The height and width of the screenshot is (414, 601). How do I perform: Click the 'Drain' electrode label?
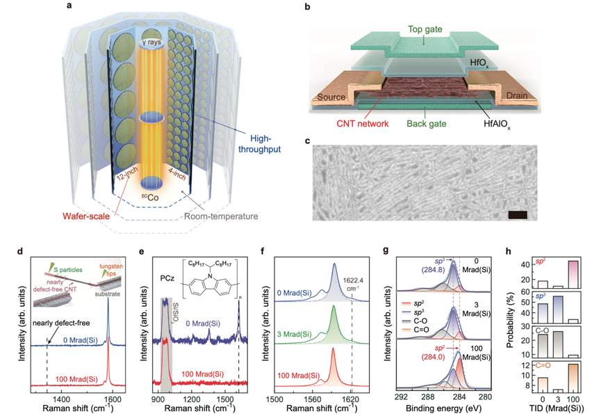tap(522, 95)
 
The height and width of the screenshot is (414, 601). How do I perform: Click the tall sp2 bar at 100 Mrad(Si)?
tap(573, 273)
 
